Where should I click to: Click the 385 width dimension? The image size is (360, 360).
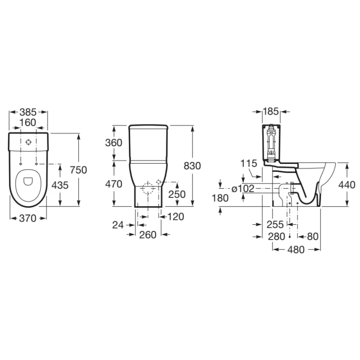(28, 112)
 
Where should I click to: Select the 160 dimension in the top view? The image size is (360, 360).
(28, 123)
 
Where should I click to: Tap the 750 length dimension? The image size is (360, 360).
(79, 170)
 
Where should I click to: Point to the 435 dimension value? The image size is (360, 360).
(60, 185)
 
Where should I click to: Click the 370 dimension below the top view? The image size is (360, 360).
(28, 218)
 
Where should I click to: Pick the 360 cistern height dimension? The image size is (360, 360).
(114, 143)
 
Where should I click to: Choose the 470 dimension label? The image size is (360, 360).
(114, 184)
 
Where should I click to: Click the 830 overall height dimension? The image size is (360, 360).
(193, 166)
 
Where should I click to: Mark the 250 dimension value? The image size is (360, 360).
(177, 194)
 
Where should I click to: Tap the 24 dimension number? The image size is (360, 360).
(118, 225)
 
